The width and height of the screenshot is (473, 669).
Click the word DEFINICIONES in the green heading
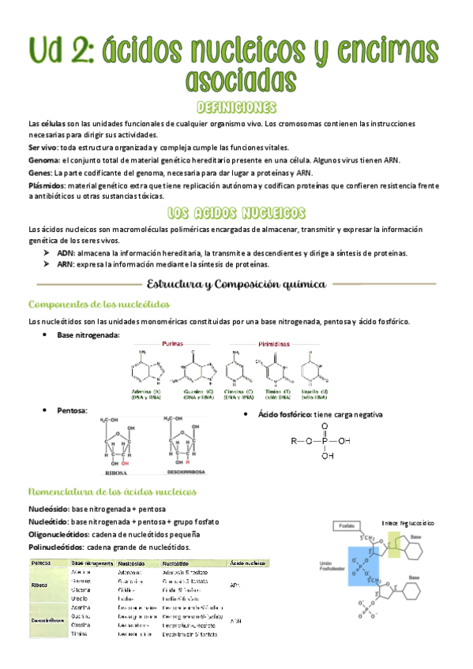[236, 107]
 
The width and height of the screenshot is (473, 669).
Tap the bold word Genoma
[43, 159]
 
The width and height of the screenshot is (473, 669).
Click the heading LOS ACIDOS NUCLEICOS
[237, 213]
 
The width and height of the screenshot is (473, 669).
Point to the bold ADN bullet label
[66, 253]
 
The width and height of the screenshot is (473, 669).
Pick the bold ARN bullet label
[66, 265]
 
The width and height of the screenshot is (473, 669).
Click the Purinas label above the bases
[174, 345]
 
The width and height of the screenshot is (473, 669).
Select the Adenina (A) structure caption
[153, 392]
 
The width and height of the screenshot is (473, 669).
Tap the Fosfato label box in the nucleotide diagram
[346, 525]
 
